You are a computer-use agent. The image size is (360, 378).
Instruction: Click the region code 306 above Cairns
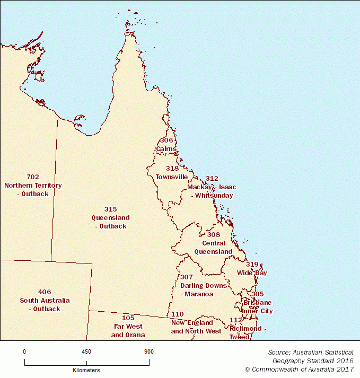pyautogui.click(x=166, y=140)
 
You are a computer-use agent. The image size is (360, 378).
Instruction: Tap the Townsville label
pyautogui.click(x=171, y=177)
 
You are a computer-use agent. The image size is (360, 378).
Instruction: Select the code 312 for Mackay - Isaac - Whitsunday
pyautogui.click(x=212, y=179)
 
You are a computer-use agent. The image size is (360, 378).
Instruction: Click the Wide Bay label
pyautogui.click(x=252, y=273)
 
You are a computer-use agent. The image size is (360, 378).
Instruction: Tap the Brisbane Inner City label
pyautogui.click(x=257, y=306)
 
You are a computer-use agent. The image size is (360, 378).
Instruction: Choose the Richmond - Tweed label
pyautogui.click(x=245, y=332)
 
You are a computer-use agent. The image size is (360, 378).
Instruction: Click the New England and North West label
pyautogui.click(x=196, y=327)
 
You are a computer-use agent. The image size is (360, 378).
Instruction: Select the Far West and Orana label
pyautogui.click(x=128, y=330)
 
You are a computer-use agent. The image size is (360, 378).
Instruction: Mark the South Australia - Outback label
pyautogui.click(x=45, y=304)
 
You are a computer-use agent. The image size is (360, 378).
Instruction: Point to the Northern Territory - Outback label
pyautogui.click(x=33, y=189)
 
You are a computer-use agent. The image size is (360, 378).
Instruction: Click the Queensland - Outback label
pyautogui.click(x=110, y=222)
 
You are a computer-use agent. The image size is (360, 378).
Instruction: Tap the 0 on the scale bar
pyautogui.click(x=24, y=351)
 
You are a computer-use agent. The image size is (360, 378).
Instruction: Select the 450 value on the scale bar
pyautogui.click(x=86, y=351)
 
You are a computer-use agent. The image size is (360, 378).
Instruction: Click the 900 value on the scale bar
pyautogui.click(x=148, y=351)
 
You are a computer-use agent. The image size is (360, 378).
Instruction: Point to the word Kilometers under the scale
pyautogui.click(x=86, y=370)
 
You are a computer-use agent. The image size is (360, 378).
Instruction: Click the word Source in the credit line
pyautogui.click(x=279, y=352)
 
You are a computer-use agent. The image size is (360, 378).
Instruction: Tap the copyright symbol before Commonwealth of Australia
pyautogui.click(x=247, y=369)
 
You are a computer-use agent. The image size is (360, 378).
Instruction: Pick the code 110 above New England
pyautogui.click(x=178, y=314)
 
